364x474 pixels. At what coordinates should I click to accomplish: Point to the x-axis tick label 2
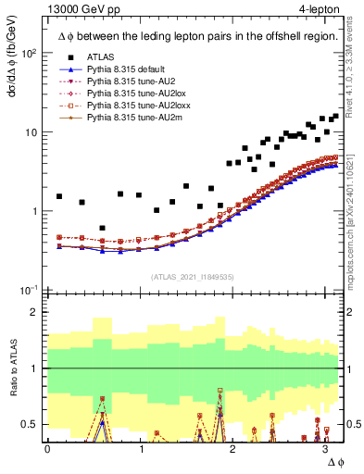coord(232,449)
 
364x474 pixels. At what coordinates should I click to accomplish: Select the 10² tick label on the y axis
coord(28,54)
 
